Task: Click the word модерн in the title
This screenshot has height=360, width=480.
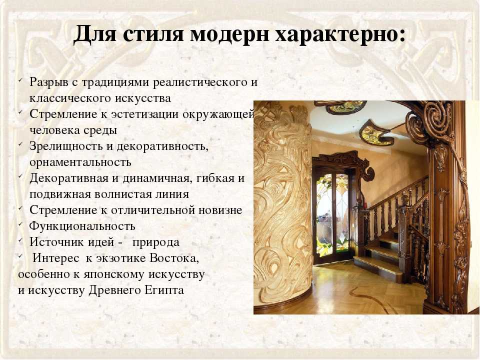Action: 229,33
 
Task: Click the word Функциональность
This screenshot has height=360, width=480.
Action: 82,226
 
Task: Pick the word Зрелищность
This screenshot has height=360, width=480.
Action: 65,146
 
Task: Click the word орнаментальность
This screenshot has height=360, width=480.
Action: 80,162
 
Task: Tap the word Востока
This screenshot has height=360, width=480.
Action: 174,258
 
